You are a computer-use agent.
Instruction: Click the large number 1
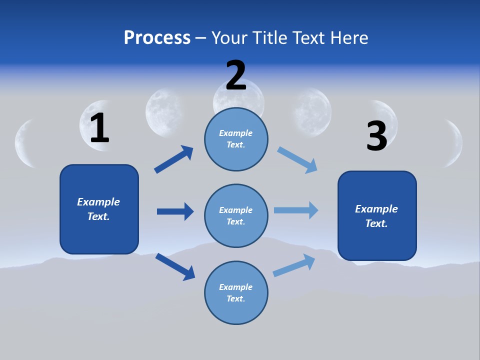(99, 128)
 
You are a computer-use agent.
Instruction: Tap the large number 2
(236, 75)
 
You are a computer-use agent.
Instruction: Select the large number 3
(376, 136)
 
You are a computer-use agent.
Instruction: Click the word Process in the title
(157, 37)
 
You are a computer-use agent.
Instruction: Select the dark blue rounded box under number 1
(99, 209)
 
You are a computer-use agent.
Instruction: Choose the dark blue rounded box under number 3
(377, 216)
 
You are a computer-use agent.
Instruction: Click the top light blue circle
(236, 139)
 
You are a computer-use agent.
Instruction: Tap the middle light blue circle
(236, 215)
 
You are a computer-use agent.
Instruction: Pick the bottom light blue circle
(236, 292)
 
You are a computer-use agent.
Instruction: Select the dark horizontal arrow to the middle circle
(175, 211)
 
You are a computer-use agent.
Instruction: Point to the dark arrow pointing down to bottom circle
(175, 266)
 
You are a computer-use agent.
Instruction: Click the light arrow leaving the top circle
(297, 160)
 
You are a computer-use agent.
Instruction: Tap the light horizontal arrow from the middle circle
(296, 210)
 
